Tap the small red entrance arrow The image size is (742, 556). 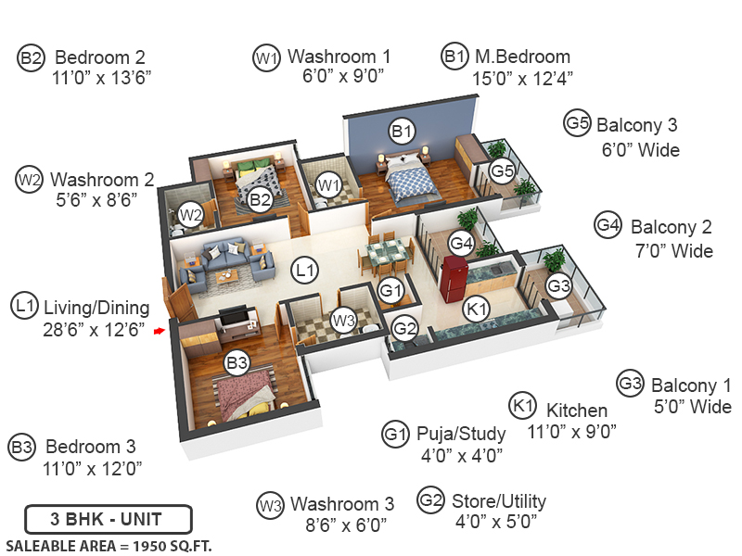point(160,328)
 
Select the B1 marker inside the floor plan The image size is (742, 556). point(402,131)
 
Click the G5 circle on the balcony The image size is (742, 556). point(502,171)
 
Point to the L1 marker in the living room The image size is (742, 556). point(303,271)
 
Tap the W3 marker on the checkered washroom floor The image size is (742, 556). point(344,321)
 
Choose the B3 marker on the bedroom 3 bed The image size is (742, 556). point(237,362)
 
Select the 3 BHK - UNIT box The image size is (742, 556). point(108,517)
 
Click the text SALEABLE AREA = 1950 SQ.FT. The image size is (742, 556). point(109,545)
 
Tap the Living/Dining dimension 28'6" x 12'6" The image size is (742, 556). point(94,328)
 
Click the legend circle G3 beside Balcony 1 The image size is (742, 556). point(631,384)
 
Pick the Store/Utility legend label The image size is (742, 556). point(499,501)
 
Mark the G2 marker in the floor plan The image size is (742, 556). point(404,327)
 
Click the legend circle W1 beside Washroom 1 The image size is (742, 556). point(266,57)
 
